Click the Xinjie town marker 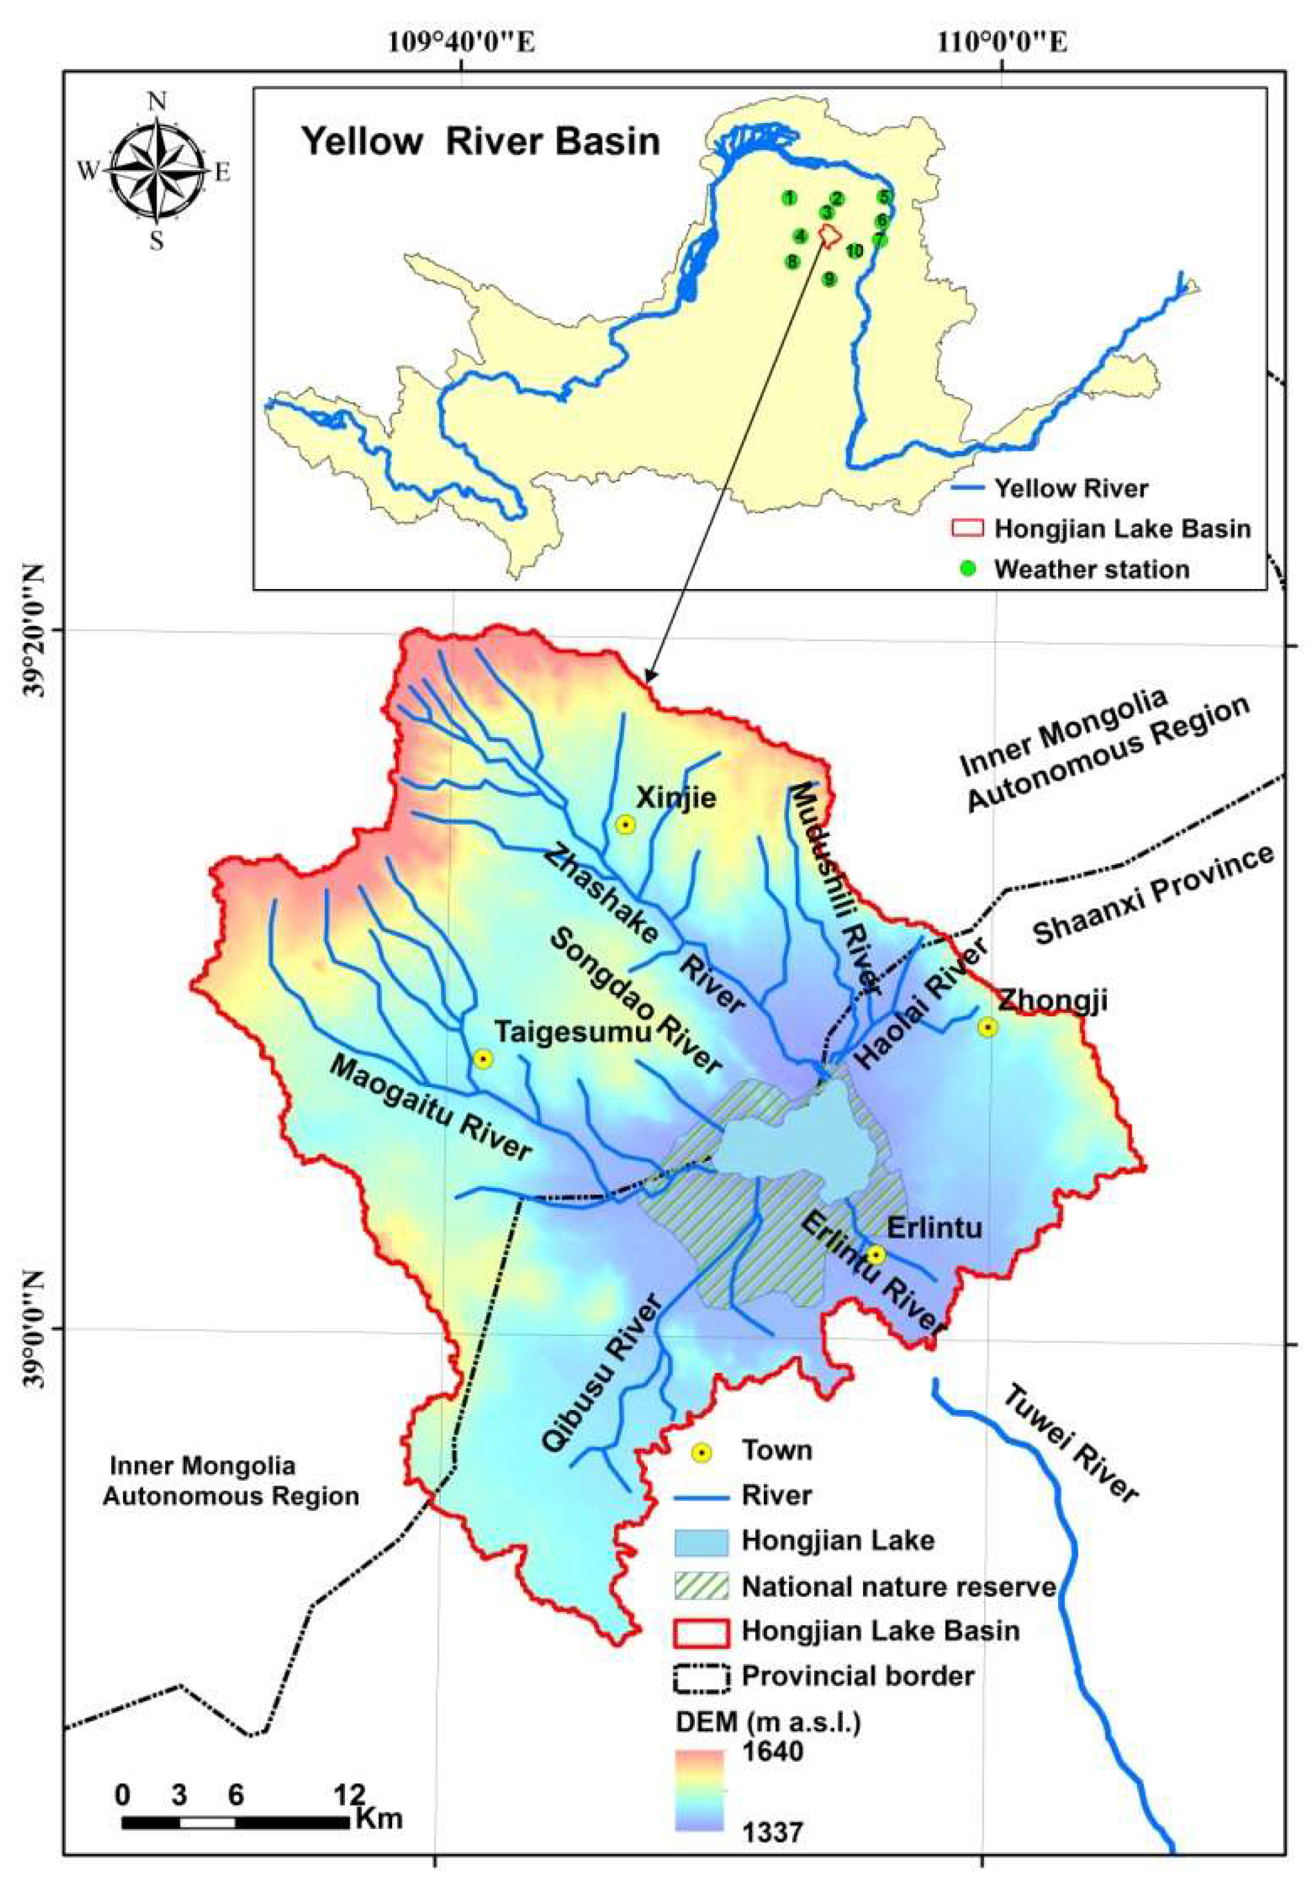click(x=625, y=824)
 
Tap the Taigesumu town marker click(x=483, y=1059)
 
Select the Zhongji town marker click(x=987, y=1027)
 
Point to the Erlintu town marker click(x=875, y=1255)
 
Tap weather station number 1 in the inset click(x=790, y=198)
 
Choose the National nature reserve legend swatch click(x=702, y=1586)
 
